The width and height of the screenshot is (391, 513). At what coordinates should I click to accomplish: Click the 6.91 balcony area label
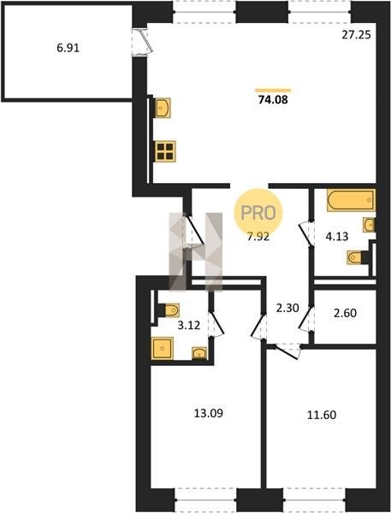(x=68, y=48)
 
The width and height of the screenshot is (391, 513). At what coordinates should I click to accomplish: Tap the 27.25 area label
(x=356, y=35)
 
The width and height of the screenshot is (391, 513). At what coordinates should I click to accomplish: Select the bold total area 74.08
(x=273, y=99)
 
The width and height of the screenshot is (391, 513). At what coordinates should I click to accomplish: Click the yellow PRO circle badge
(x=258, y=213)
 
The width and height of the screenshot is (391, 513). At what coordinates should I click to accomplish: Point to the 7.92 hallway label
(x=258, y=236)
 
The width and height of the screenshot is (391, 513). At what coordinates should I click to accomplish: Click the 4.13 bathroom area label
(x=337, y=236)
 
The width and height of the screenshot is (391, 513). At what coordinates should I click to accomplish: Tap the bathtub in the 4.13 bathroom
(x=351, y=200)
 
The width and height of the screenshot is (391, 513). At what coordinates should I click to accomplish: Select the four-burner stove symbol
(x=165, y=151)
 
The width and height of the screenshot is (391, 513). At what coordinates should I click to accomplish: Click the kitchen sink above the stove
(x=163, y=108)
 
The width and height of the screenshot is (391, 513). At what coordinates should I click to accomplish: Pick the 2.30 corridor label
(x=287, y=308)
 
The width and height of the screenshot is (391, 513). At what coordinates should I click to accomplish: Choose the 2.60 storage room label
(x=345, y=313)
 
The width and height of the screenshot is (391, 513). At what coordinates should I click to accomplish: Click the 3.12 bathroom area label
(x=189, y=325)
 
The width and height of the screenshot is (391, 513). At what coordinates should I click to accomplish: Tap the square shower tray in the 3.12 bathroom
(x=163, y=349)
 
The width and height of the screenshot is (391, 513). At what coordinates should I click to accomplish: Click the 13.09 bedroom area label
(x=209, y=413)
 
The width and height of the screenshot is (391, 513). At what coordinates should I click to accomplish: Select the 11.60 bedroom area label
(x=322, y=415)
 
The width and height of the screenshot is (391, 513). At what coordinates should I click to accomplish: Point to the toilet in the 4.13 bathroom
(x=354, y=257)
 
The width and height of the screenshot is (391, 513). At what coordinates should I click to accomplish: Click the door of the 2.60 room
(x=306, y=319)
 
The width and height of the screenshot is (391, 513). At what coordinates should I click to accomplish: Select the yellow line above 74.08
(x=273, y=90)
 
